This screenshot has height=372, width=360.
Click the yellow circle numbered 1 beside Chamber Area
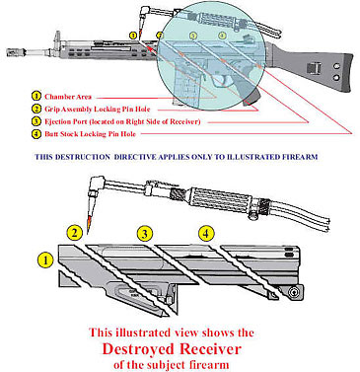click(36, 97)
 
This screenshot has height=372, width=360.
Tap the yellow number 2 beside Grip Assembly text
click(36, 109)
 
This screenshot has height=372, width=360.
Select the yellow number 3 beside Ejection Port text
click(36, 121)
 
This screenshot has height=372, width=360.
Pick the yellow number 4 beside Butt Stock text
click(36, 134)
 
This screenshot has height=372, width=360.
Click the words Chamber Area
click(68, 97)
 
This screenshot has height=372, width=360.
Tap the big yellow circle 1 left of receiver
click(45, 260)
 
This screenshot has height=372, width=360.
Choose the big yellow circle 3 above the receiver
click(145, 234)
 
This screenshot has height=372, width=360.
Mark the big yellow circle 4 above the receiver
click(206, 234)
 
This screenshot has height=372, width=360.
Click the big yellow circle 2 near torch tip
click(75, 233)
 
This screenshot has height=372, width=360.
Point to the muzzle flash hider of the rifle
click(16, 51)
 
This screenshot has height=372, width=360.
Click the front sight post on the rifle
click(58, 37)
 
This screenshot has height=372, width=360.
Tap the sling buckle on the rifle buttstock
click(314, 68)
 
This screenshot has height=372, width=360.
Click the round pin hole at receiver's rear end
click(294, 291)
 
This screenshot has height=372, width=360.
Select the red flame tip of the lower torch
click(89, 223)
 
